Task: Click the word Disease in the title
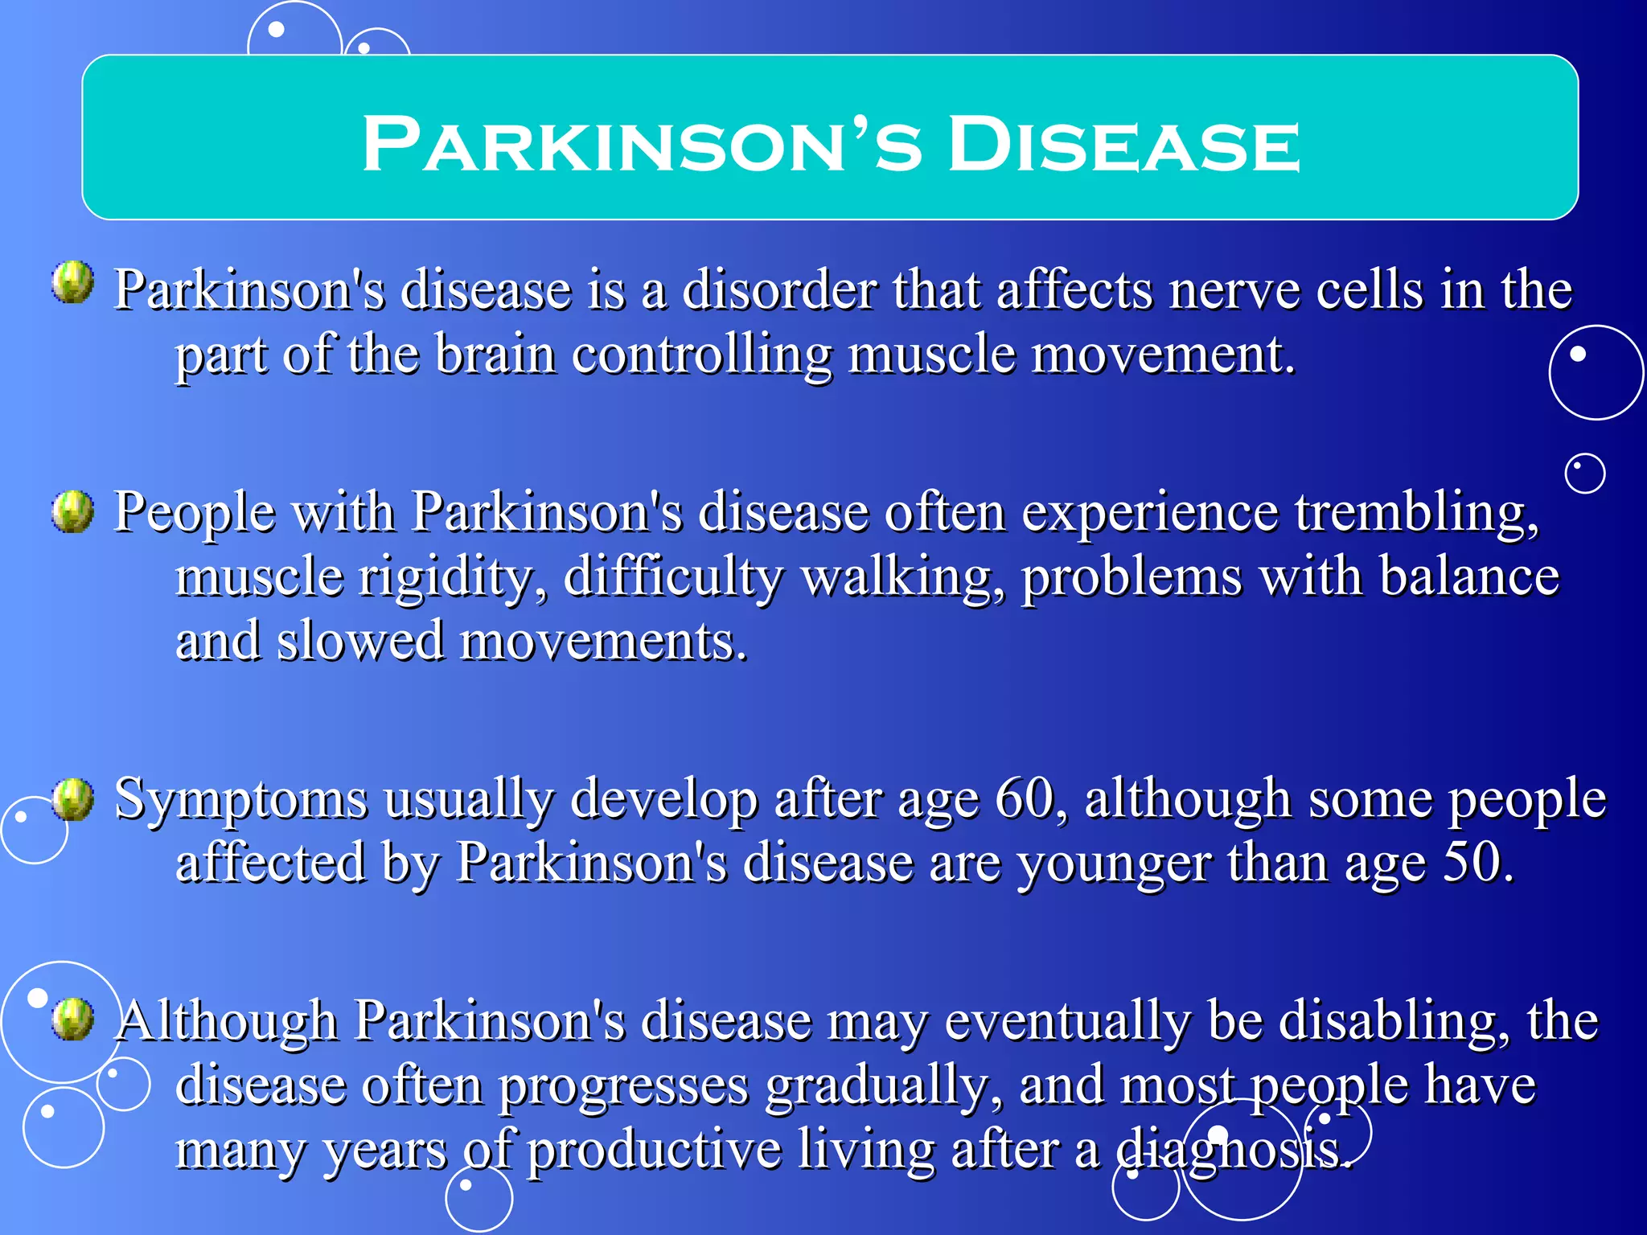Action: pos(1123,145)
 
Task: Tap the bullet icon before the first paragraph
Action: pos(73,282)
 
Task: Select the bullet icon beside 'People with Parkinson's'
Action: pos(73,511)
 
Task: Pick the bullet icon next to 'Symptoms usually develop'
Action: pos(73,799)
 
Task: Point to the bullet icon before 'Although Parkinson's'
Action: pos(73,1020)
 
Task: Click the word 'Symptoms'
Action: pos(241,801)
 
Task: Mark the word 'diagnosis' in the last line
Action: pos(1230,1150)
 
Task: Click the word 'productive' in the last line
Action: pos(653,1150)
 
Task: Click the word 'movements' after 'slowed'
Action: pos(603,642)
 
